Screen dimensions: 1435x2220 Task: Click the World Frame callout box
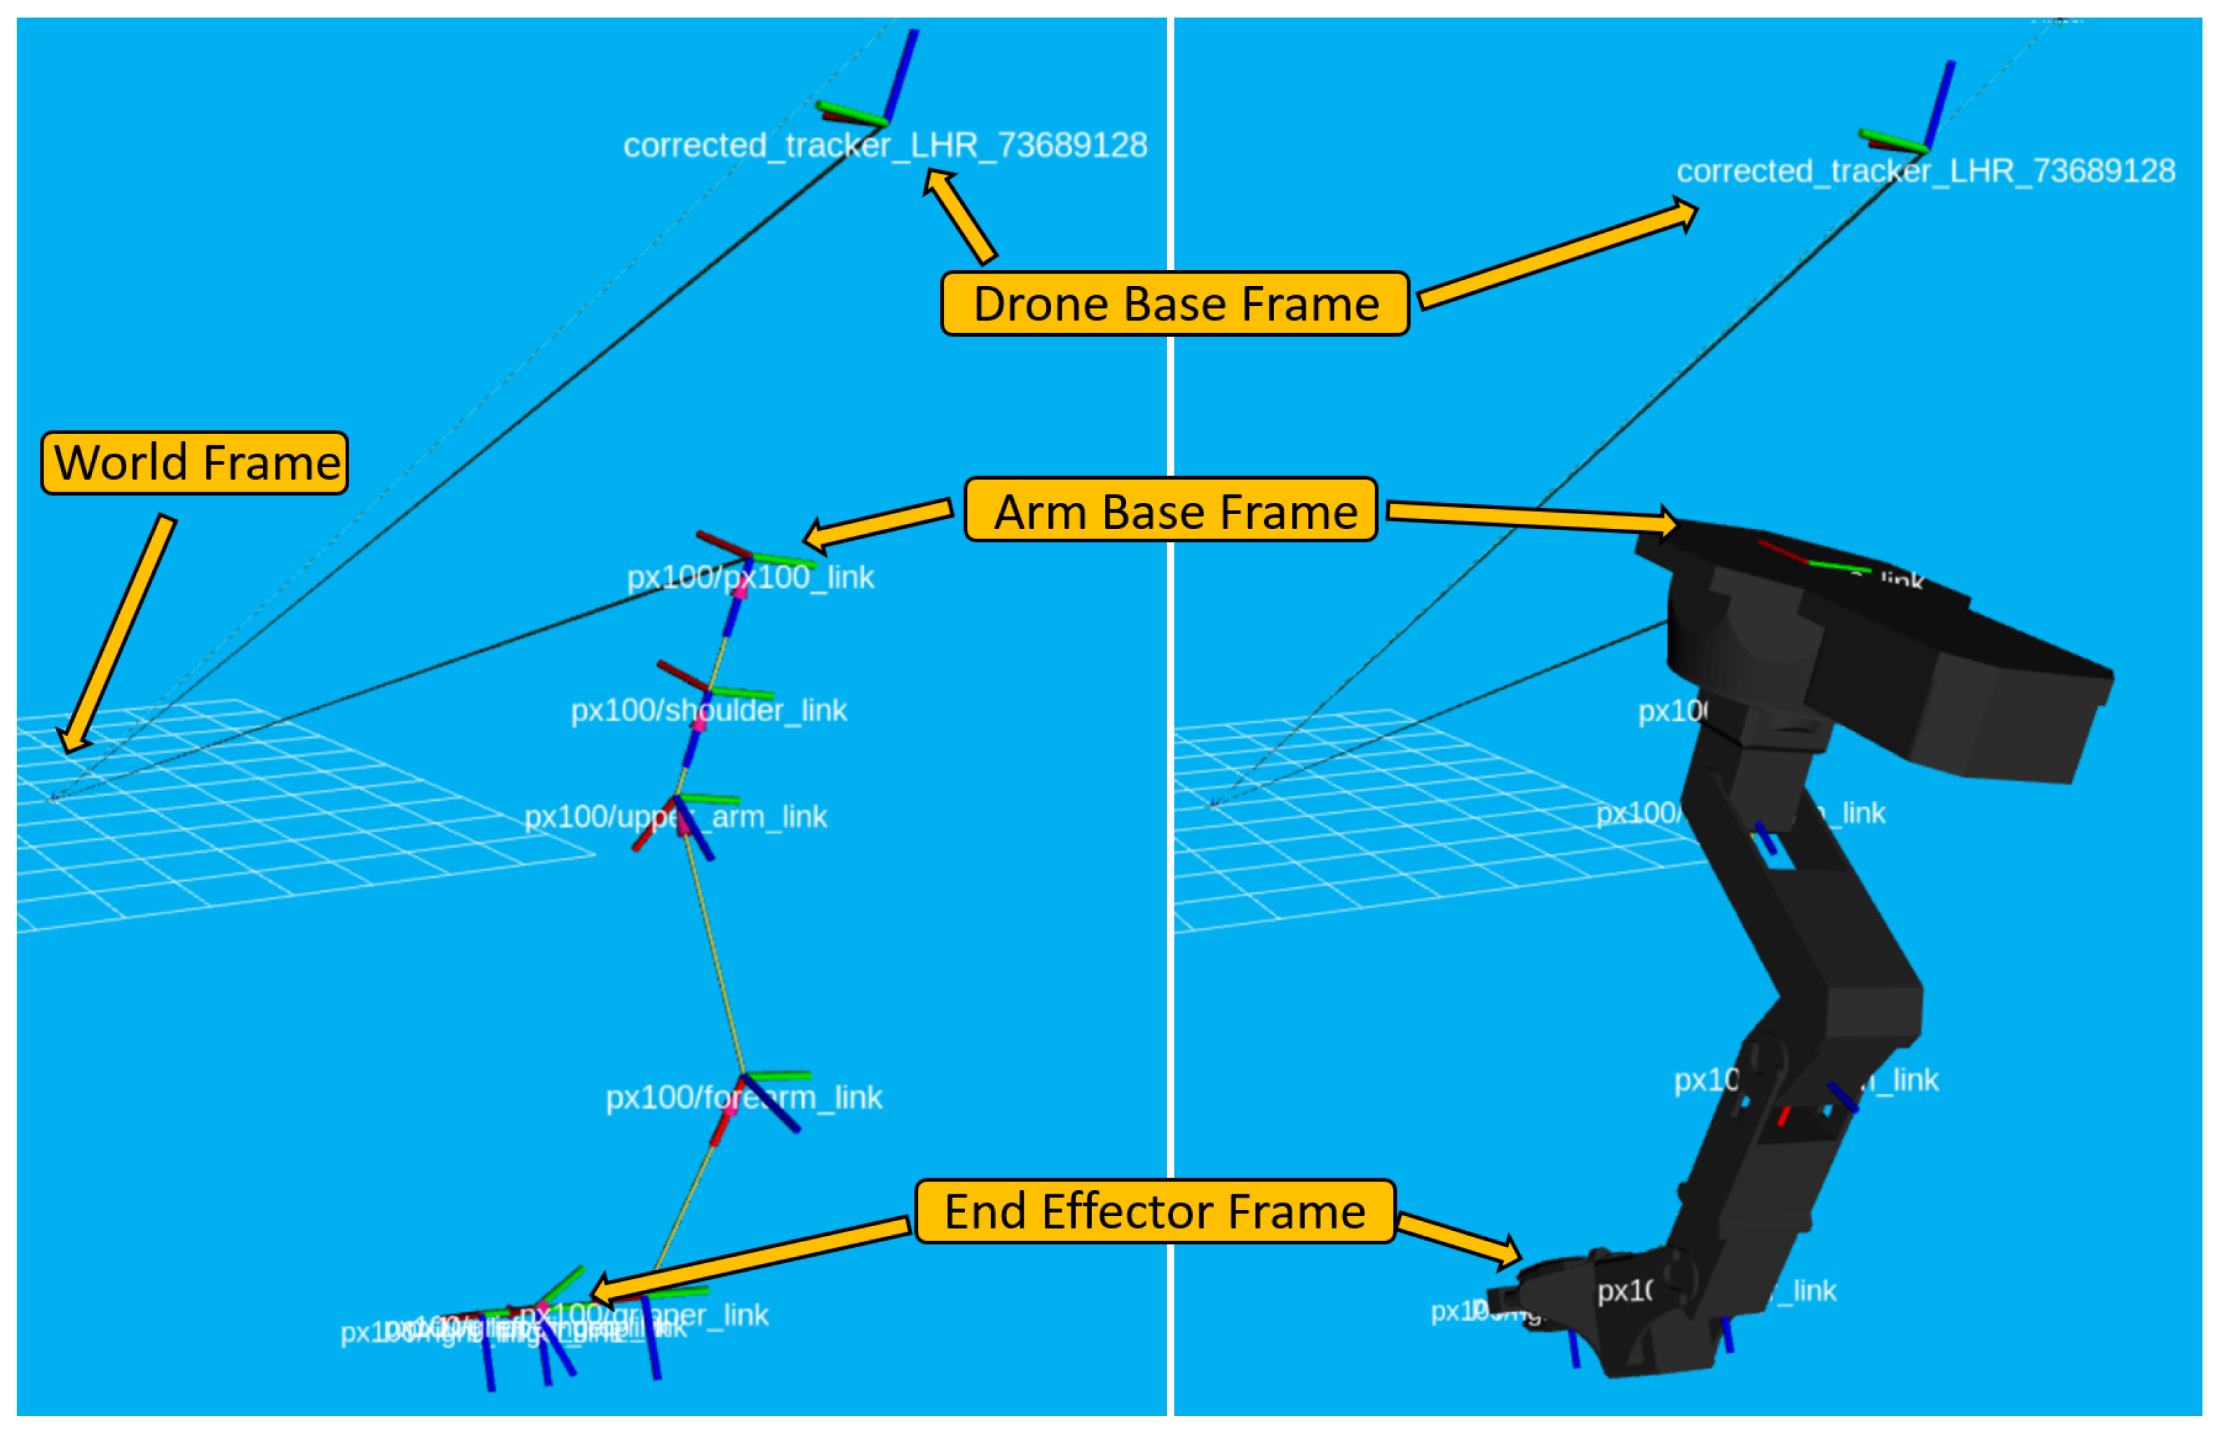tap(195, 462)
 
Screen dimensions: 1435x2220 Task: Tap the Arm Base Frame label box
tap(1171, 510)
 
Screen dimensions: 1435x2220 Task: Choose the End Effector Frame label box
tap(1155, 1211)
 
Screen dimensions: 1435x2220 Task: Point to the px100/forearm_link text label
tap(743, 1097)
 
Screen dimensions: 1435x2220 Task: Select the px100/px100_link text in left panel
tap(751, 578)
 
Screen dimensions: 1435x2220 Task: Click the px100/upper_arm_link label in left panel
tap(675, 817)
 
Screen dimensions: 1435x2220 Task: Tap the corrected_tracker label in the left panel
tap(885, 145)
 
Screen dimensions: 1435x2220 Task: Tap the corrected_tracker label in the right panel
tap(1925, 171)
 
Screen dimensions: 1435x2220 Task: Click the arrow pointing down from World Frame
tap(116, 633)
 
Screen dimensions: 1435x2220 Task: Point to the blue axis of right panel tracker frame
tap(1940, 105)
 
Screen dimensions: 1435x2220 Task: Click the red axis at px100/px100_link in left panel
tap(723, 544)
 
